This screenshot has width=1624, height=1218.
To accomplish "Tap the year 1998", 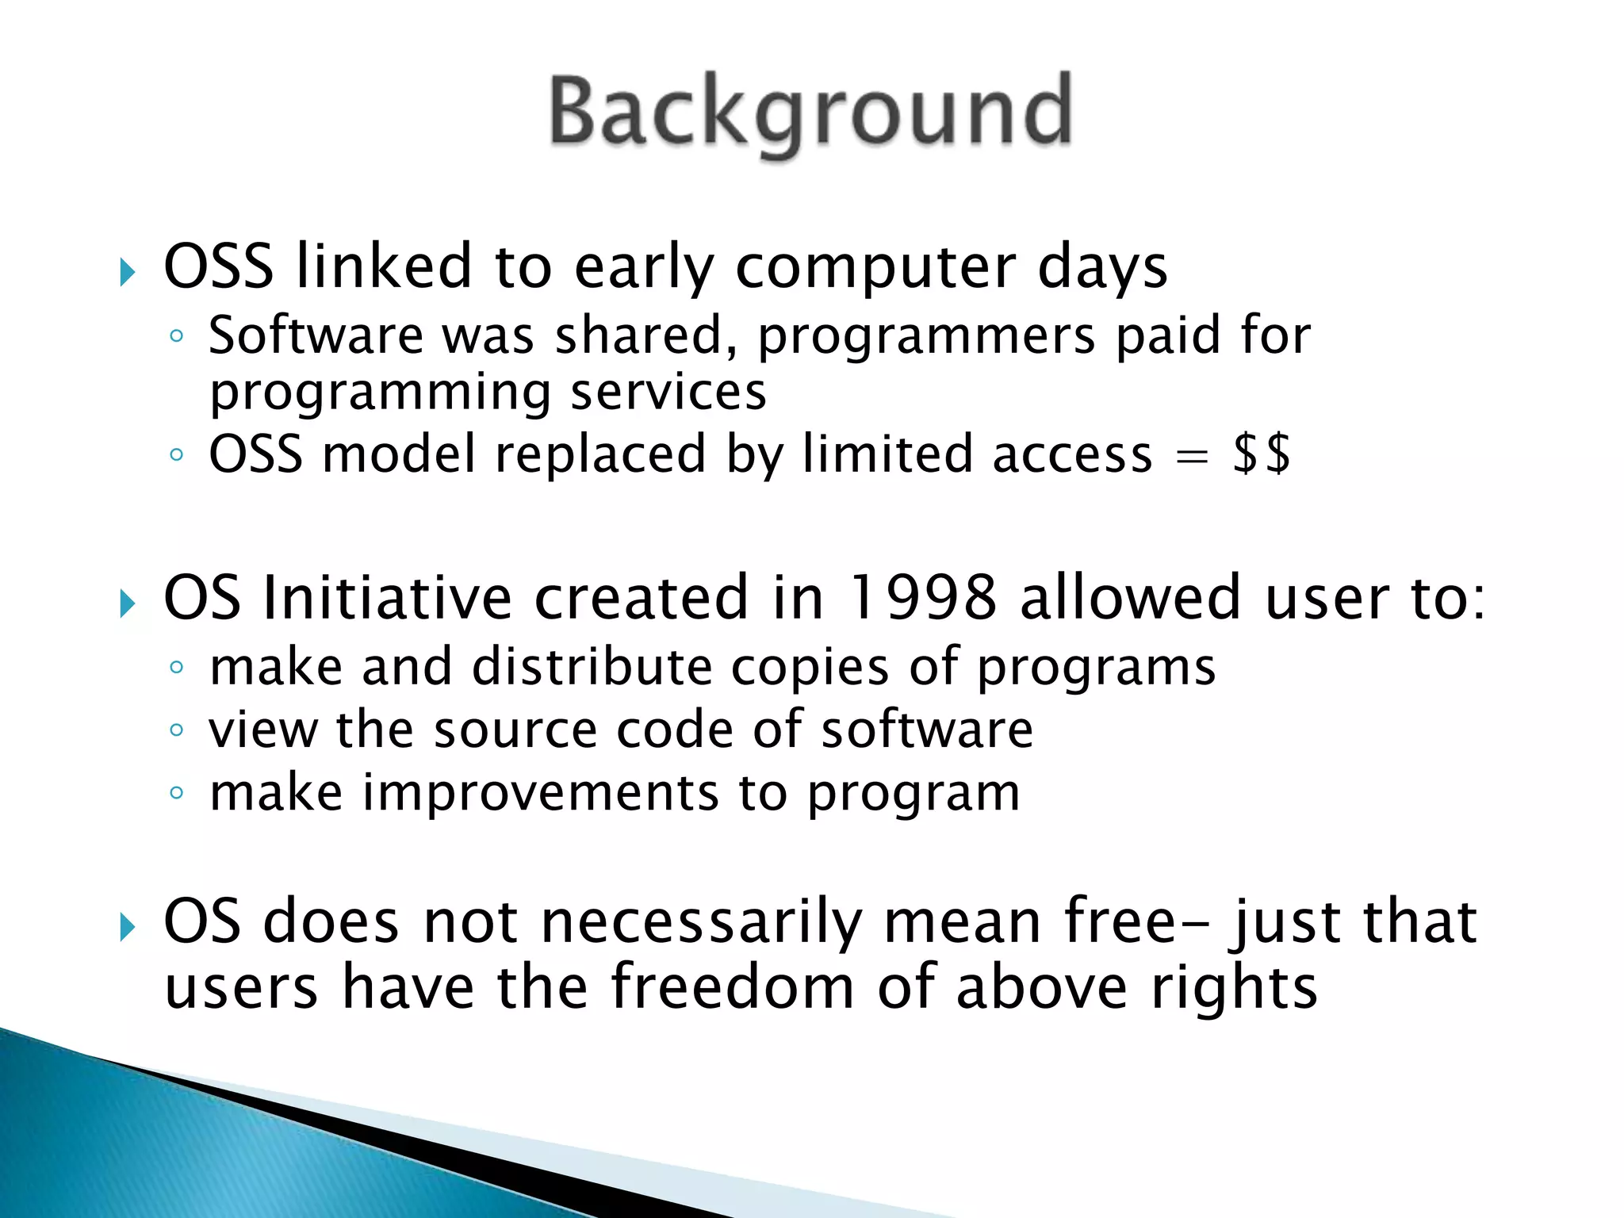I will click(x=921, y=597).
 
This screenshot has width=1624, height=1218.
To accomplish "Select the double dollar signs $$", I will click(x=1261, y=454).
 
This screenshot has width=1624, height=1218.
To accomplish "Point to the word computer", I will click(x=875, y=266).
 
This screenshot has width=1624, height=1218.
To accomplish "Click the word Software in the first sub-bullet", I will click(x=316, y=335).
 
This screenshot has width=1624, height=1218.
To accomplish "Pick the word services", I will click(x=668, y=392).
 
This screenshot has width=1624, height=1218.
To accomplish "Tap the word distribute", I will click(x=592, y=666).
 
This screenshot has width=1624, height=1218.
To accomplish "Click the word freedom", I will click(x=733, y=987).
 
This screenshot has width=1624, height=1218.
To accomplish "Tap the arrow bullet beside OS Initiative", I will click(x=128, y=603).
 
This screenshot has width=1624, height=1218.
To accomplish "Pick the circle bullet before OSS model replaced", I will click(x=177, y=455).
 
